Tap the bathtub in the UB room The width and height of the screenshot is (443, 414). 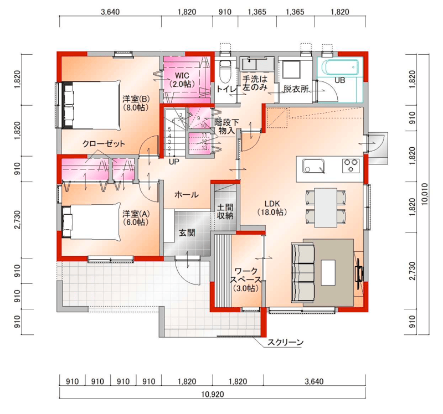coord(340,67)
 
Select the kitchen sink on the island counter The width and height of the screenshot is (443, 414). coord(313,166)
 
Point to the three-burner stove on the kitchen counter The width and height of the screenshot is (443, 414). coord(351,165)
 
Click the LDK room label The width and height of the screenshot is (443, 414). coord(272,208)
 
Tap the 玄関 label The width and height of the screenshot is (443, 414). coord(187,233)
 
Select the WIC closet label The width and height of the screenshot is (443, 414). coord(182,80)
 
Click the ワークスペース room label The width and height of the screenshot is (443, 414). coord(246,280)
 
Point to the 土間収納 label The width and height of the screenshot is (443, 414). coord(225,211)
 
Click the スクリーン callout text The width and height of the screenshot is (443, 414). coord(285,343)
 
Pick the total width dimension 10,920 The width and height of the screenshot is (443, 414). coord(213,394)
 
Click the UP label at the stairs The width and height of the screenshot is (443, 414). coord(174,162)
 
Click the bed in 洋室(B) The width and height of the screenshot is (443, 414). coord(91,105)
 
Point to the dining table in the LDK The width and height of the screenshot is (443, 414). coord(326,208)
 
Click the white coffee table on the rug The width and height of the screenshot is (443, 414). coord(328,272)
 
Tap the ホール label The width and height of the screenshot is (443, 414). coord(187,195)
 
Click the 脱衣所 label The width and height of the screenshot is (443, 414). coord(296,89)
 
